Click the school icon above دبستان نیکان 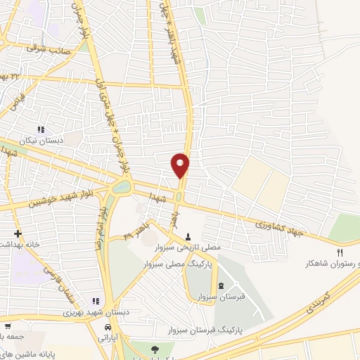tap(41, 130)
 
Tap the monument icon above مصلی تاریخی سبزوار tap(188, 237)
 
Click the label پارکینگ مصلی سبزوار tap(169, 266)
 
